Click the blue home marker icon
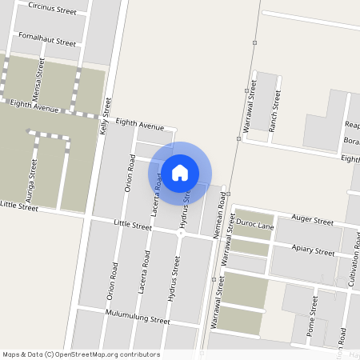(180, 172)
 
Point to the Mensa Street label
(38, 79)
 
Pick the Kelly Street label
(106, 117)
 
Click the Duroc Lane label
(254, 226)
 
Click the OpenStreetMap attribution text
(80, 354)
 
